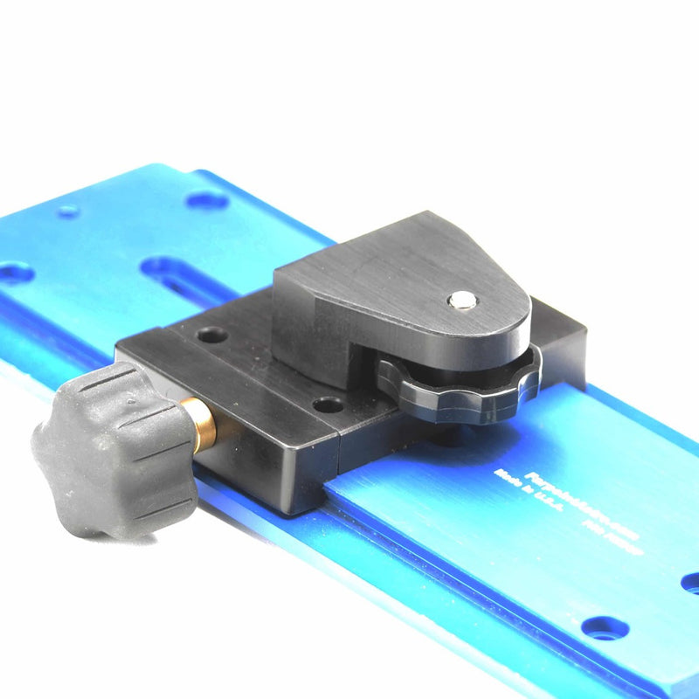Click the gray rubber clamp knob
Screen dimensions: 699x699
(114, 454)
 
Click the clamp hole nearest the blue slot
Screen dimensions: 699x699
(211, 335)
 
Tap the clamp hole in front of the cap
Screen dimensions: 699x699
(329, 405)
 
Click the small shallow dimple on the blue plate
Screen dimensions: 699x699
(68, 211)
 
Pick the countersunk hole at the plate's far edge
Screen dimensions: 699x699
(207, 200)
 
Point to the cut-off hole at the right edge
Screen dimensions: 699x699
(690, 581)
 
